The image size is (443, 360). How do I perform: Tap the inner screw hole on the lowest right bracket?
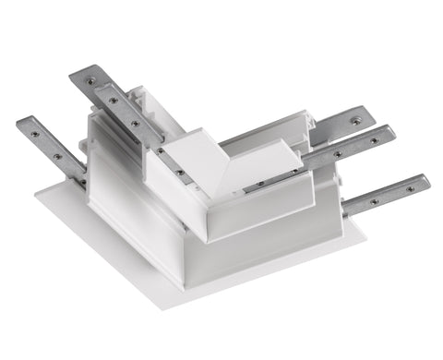tap(374, 199)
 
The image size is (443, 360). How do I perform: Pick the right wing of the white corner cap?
tap(258, 172)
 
